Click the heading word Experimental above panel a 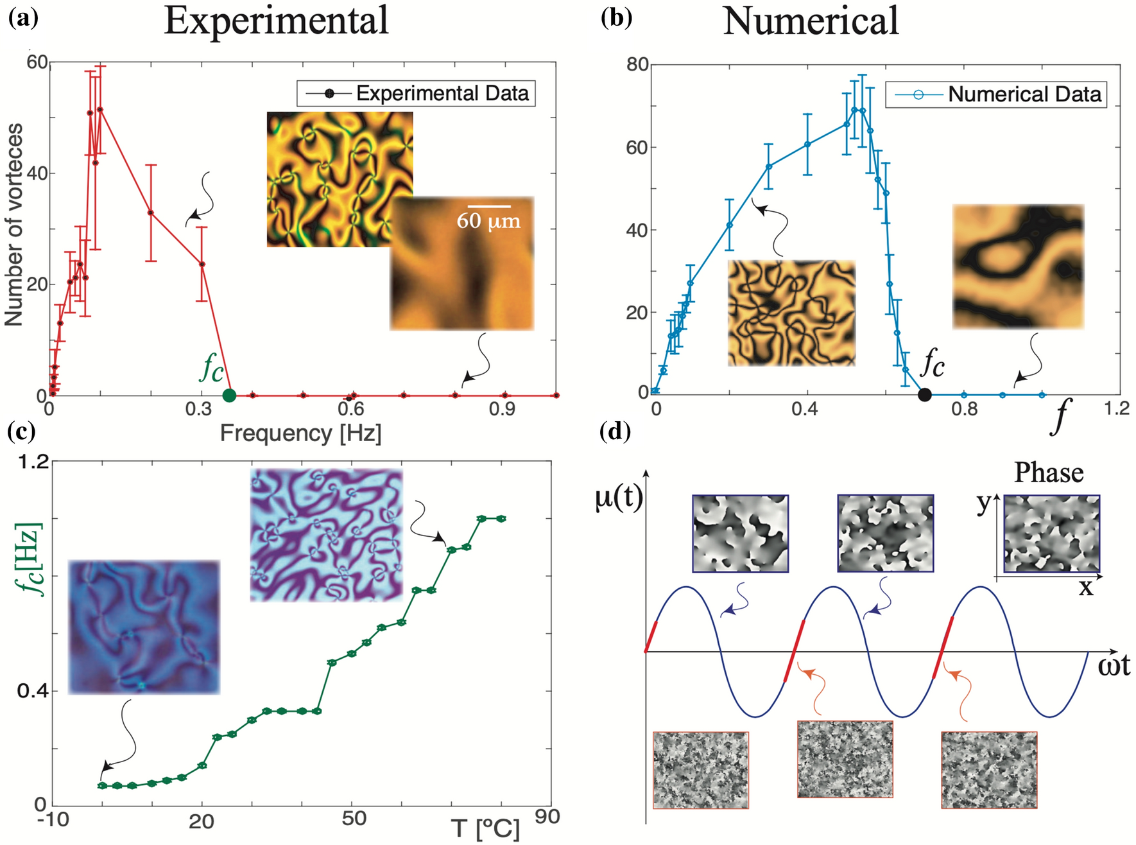point(276,21)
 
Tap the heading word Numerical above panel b point(810,21)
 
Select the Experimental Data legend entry point(416,93)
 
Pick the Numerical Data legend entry point(996,94)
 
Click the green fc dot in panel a point(229,396)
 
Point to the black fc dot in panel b point(924,395)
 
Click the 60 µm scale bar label point(488,221)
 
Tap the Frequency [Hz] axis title point(300,433)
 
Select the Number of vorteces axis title point(14,225)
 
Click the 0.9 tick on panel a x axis point(502,410)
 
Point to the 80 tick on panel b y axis point(637,64)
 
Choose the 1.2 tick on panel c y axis point(33,462)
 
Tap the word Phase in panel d point(1049,473)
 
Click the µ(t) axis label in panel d point(618,498)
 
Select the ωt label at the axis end point(1114,666)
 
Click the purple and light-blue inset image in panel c point(326,536)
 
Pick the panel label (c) point(21,431)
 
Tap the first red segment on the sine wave point(651,636)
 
